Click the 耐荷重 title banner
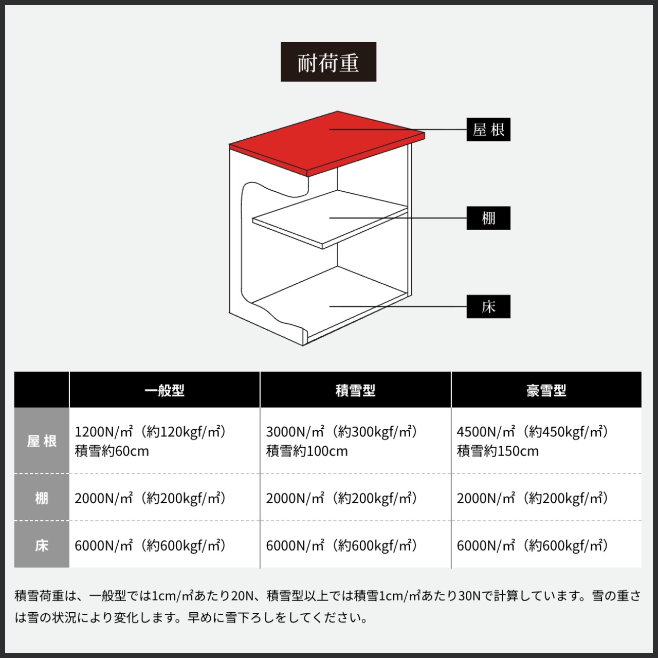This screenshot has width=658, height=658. pos(328,62)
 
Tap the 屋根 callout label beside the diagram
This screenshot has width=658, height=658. pos(488,130)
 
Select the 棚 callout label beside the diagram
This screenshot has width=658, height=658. pos(488,218)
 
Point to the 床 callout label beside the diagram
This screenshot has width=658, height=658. pos(488,307)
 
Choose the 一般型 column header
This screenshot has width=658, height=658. pos(164,390)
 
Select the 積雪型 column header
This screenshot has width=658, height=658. pos(356,390)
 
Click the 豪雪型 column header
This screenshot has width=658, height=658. pos(546,390)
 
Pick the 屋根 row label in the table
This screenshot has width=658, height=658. pos(42,441)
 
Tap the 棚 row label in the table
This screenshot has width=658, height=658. pos(42,498)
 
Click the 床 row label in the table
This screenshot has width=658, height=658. pos(42,545)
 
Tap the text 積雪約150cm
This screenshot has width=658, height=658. pos(498,451)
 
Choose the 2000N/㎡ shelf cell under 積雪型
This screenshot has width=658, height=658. pos(341,498)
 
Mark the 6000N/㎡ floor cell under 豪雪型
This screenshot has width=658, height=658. pos(533,545)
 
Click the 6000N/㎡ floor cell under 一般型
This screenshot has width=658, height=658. pos(150,545)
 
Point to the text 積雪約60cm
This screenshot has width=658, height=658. pos(112,451)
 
